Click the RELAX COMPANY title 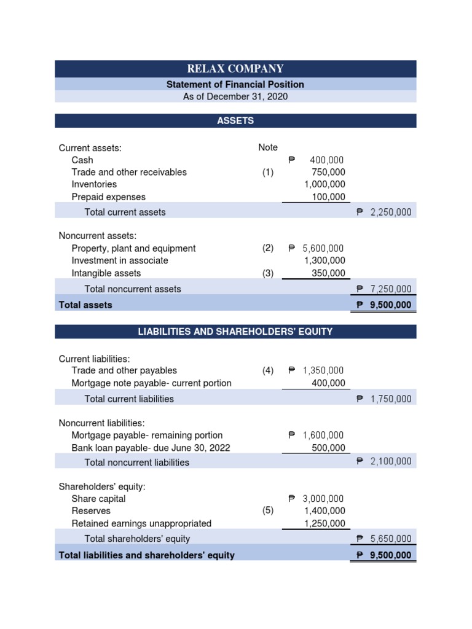235,69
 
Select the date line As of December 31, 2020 235,96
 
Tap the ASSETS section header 235,120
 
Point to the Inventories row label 94,184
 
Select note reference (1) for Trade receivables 267,172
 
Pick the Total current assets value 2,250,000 391,212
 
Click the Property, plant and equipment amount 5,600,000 323,248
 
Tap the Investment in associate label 120,260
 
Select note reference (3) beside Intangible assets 267,273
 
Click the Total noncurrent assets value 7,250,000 391,289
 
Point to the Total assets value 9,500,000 391,305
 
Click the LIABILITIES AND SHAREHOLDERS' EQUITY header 235,332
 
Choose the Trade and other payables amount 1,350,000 323,370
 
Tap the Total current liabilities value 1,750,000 391,399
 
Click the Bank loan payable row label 151,448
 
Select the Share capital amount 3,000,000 323,499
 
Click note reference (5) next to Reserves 267,511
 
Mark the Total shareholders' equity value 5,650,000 391,539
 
